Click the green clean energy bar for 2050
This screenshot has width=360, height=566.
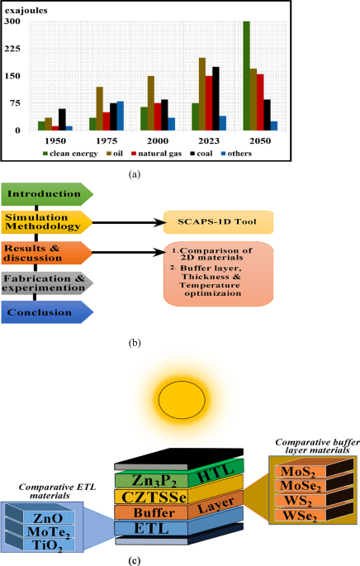click(246, 76)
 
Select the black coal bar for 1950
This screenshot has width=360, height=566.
click(62, 120)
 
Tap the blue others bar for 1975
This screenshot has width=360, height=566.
click(120, 116)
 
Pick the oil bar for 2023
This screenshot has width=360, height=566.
click(202, 94)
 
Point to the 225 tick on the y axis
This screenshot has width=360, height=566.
click(12, 49)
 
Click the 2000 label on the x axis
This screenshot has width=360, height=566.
click(158, 140)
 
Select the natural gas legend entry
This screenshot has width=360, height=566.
click(156, 154)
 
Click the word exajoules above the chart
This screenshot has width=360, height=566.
click(26, 11)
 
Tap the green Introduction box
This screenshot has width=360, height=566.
click(47, 194)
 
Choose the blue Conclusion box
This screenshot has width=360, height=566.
click(47, 312)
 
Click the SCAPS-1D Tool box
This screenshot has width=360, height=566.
click(218, 222)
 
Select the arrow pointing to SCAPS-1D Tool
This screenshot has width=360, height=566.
click(129, 222)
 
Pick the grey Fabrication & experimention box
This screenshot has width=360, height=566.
click(47, 283)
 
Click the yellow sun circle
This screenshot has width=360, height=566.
click(182, 400)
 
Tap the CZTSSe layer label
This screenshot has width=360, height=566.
click(154, 497)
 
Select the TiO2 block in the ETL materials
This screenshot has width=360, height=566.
click(48, 545)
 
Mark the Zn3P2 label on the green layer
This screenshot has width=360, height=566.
click(154, 481)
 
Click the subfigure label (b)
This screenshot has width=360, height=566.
click(135, 343)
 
